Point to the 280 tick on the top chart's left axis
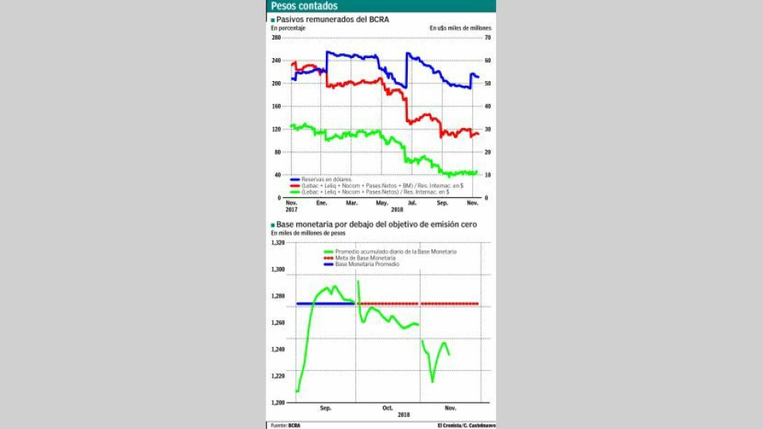(276, 37)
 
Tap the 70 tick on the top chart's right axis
(488, 37)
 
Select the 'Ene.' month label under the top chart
(321, 203)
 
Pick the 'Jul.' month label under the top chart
(411, 203)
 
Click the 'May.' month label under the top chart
(381, 203)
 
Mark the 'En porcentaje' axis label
(289, 28)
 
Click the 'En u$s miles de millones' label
(461, 28)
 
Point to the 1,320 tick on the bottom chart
(277, 243)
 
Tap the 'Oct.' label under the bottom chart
(387, 408)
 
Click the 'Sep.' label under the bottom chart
(325, 408)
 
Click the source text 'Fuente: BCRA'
(285, 425)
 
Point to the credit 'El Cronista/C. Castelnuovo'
(466, 425)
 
